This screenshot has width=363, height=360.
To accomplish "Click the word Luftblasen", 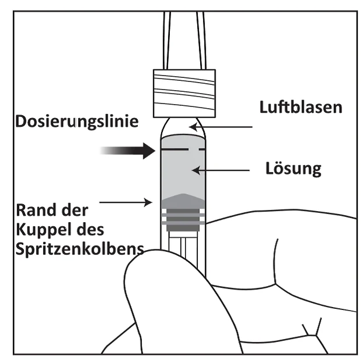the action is click(301, 107).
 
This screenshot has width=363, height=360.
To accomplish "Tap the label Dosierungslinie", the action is click(77, 122).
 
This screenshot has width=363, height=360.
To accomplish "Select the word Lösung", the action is click(293, 169).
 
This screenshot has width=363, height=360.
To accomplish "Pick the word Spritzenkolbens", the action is click(80, 249).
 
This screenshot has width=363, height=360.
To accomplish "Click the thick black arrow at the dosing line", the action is click(127, 151).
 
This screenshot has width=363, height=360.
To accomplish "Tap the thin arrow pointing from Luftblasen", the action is click(220, 127).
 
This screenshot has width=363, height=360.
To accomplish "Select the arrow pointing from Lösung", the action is click(220, 170).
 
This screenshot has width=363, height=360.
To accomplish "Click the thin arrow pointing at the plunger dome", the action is click(126, 202).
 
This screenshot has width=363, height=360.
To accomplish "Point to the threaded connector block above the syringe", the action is click(184, 93).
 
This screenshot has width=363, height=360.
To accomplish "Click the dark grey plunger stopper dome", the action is click(183, 201).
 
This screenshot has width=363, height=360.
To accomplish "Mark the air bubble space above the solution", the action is click(183, 127).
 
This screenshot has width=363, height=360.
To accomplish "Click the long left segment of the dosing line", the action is click(175, 149).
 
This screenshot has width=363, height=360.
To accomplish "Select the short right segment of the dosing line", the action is click(202, 149).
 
